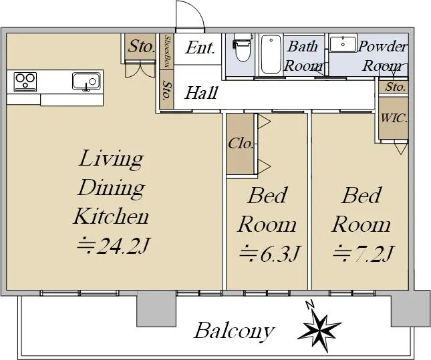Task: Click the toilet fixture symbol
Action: (x=242, y=47)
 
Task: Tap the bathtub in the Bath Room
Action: (x=271, y=54)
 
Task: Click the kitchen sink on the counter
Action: (x=86, y=81)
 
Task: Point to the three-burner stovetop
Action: (x=25, y=81)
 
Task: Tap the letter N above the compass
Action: (x=310, y=305)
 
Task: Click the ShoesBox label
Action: (x=166, y=51)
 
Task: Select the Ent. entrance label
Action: (x=200, y=48)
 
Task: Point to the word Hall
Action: (x=201, y=93)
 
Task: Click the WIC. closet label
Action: (x=394, y=118)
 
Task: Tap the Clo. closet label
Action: (x=241, y=143)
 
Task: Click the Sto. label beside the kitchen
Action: (x=141, y=46)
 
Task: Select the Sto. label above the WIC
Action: (x=396, y=87)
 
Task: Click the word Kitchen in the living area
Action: (x=111, y=216)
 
